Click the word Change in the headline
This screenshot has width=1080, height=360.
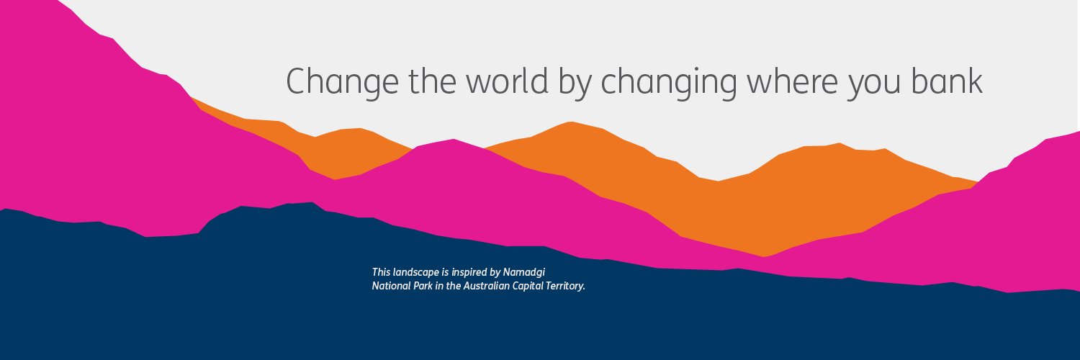click(x=342, y=81)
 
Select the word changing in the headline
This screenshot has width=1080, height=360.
click(x=669, y=82)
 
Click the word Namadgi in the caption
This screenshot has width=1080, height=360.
click(x=524, y=272)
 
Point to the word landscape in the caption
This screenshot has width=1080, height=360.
click(x=416, y=272)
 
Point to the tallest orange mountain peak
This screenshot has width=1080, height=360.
click(x=571, y=123)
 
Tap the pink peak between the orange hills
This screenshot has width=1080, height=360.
click(x=452, y=140)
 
